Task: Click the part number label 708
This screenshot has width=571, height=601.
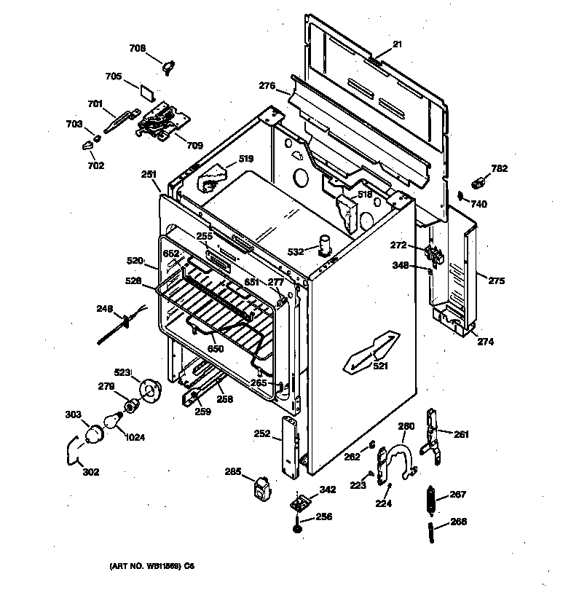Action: [137, 49]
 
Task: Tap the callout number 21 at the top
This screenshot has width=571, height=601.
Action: [398, 44]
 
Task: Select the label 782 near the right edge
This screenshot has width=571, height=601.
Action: [499, 169]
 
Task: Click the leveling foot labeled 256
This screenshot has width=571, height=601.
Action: [299, 525]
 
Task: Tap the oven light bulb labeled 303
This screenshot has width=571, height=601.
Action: [94, 434]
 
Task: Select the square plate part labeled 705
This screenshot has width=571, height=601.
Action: [149, 93]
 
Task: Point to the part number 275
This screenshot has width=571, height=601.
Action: [496, 280]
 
